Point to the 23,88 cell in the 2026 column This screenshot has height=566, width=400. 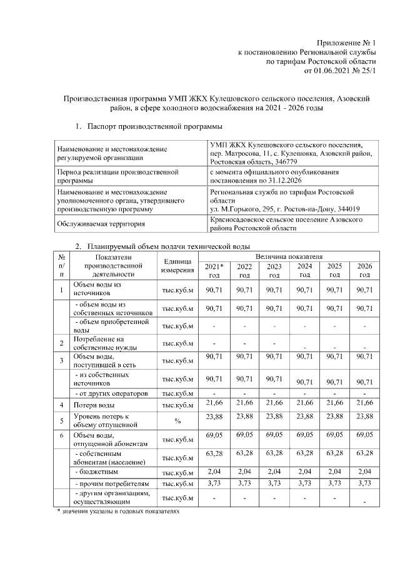coord(364,417)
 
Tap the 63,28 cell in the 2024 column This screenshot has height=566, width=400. coord(304,450)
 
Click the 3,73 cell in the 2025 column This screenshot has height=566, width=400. coord(334,483)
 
